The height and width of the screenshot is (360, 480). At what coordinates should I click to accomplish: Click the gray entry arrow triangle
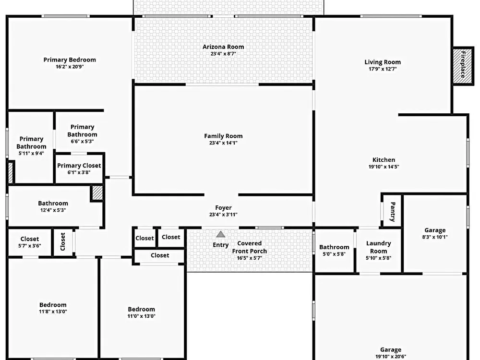point(220,235)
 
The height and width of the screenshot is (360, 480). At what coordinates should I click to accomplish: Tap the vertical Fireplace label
point(463,64)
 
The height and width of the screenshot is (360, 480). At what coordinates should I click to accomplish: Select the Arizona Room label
point(223,47)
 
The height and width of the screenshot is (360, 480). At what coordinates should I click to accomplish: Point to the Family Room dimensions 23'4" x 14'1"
point(223,143)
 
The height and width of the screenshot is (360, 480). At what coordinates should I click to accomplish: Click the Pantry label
point(393,212)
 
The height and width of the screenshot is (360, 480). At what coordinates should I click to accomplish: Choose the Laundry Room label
point(378,247)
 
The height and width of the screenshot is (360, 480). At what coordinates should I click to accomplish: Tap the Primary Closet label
point(79,166)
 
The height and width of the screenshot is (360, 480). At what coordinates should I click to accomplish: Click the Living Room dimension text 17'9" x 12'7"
point(383,69)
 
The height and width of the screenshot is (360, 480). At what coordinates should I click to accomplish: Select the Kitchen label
point(384,160)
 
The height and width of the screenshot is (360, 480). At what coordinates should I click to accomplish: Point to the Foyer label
point(223,208)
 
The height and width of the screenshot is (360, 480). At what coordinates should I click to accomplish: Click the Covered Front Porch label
point(250,247)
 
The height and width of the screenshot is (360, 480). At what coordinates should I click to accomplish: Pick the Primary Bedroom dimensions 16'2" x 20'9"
point(70,67)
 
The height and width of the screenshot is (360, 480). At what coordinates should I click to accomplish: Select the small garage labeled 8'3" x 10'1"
point(435,233)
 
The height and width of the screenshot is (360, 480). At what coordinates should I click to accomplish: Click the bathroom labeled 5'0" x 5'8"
point(334,251)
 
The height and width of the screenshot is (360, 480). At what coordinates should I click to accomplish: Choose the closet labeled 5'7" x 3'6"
point(30,242)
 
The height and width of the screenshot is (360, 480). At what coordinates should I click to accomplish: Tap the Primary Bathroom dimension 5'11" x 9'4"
point(31,154)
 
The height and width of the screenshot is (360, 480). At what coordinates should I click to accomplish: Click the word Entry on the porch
point(221,245)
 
